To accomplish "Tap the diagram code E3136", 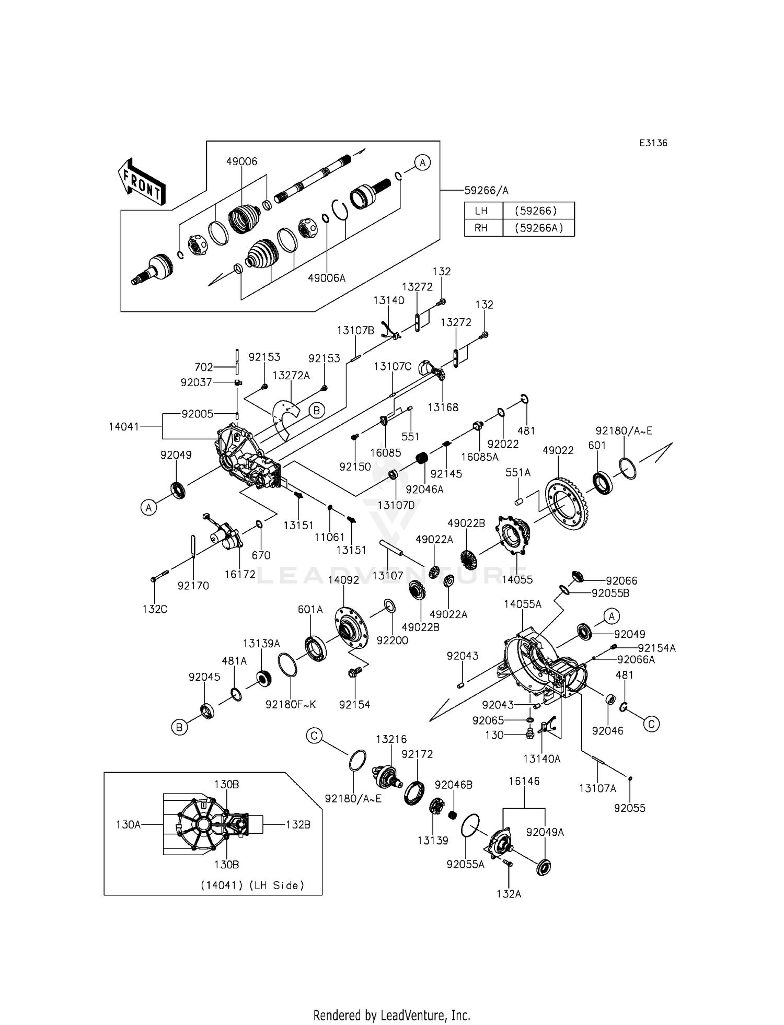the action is pos(653,143).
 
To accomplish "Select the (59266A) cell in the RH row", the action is pos(538,228).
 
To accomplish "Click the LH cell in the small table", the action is pos(483,211).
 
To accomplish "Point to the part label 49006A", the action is pos(327,278).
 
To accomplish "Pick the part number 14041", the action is pos(124,426).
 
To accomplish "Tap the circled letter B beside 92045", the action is pos(179,727).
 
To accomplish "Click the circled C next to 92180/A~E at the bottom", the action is pos(314,736).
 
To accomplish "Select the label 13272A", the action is pos(291,375).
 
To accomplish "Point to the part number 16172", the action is pos(240,574).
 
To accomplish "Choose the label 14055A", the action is pos(523,604).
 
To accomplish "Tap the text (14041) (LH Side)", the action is pos(252,886).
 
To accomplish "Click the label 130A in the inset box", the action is pos(129,824).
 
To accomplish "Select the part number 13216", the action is pos(391,739).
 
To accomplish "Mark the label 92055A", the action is pos(466,865).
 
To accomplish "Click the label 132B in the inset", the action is pos(298,824).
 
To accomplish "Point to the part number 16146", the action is pos(524,781).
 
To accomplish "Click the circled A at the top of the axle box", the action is pos(422,162).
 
